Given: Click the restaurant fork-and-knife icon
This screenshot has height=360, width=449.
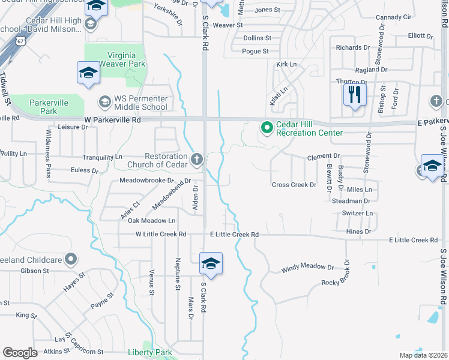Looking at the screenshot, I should [x=354, y=94].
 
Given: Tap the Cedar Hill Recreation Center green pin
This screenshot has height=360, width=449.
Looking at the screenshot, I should [x=266, y=127].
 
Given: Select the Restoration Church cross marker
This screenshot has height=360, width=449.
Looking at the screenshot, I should [x=196, y=160].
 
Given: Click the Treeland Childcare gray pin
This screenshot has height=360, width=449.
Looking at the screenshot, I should [x=71, y=259].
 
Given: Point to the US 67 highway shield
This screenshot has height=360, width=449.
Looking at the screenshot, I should [x=21, y=41].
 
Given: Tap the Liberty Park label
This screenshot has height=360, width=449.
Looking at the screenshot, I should [x=150, y=353].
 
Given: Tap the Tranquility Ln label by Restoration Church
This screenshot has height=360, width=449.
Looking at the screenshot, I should [x=101, y=157].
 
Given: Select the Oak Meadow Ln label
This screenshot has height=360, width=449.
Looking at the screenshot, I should [x=152, y=221].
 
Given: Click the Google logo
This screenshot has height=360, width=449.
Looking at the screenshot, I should [x=20, y=353].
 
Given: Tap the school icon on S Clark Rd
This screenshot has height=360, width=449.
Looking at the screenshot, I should [x=211, y=263].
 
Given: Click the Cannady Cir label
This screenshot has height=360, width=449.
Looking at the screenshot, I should [x=393, y=17].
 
